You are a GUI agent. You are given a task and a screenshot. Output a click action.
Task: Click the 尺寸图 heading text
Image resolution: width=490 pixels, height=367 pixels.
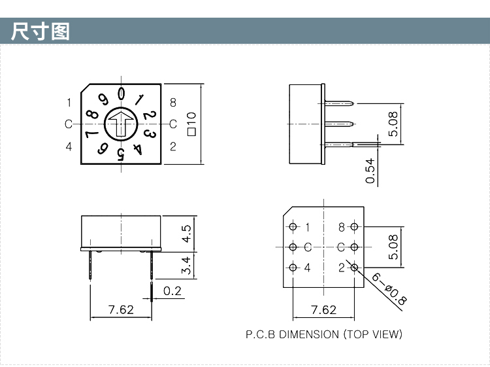pos(41,31)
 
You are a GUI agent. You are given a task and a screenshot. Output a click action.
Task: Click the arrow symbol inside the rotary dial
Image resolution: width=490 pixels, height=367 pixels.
pos(121,123)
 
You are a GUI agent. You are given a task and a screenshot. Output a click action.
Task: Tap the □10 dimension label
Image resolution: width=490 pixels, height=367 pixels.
pos(191,123)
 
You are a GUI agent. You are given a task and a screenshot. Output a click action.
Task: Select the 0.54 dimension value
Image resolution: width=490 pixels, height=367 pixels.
pos(370,170)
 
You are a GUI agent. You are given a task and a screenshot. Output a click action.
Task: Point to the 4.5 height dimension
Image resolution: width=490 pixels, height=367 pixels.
pos(186,233)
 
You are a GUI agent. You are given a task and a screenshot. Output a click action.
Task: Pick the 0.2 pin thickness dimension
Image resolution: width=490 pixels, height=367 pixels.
pos(172,291)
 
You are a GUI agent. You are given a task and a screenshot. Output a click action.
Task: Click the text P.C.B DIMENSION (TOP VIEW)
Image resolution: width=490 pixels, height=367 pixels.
pos(324,334)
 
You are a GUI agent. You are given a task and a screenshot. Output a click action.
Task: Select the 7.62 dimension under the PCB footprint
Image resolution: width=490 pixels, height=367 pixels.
pos(323,309)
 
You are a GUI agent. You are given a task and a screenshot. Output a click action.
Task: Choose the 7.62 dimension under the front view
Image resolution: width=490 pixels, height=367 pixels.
pos(121,309)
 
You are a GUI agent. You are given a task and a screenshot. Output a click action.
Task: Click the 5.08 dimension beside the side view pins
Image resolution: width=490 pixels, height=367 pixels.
pos(393,123)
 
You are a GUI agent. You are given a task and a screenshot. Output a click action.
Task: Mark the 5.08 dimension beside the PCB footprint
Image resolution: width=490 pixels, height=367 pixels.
pos(393,247)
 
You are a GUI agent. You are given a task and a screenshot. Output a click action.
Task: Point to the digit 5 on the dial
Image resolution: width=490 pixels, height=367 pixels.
pos(121,154)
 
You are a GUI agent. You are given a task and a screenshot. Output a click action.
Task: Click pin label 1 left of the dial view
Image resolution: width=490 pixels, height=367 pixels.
pos(69,102)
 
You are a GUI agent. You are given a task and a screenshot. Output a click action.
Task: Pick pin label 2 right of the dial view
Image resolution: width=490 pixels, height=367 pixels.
pos(173,146)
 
